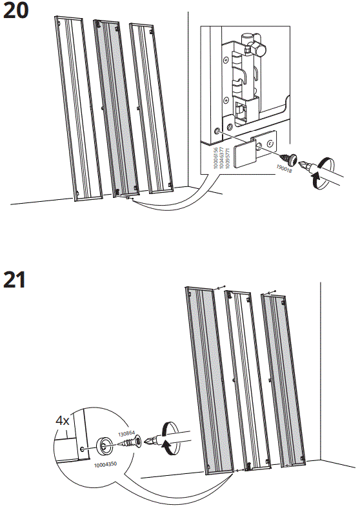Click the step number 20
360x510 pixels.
tap(15, 11)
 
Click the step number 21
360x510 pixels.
tap(15, 280)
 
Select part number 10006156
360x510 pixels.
tap(214, 159)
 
